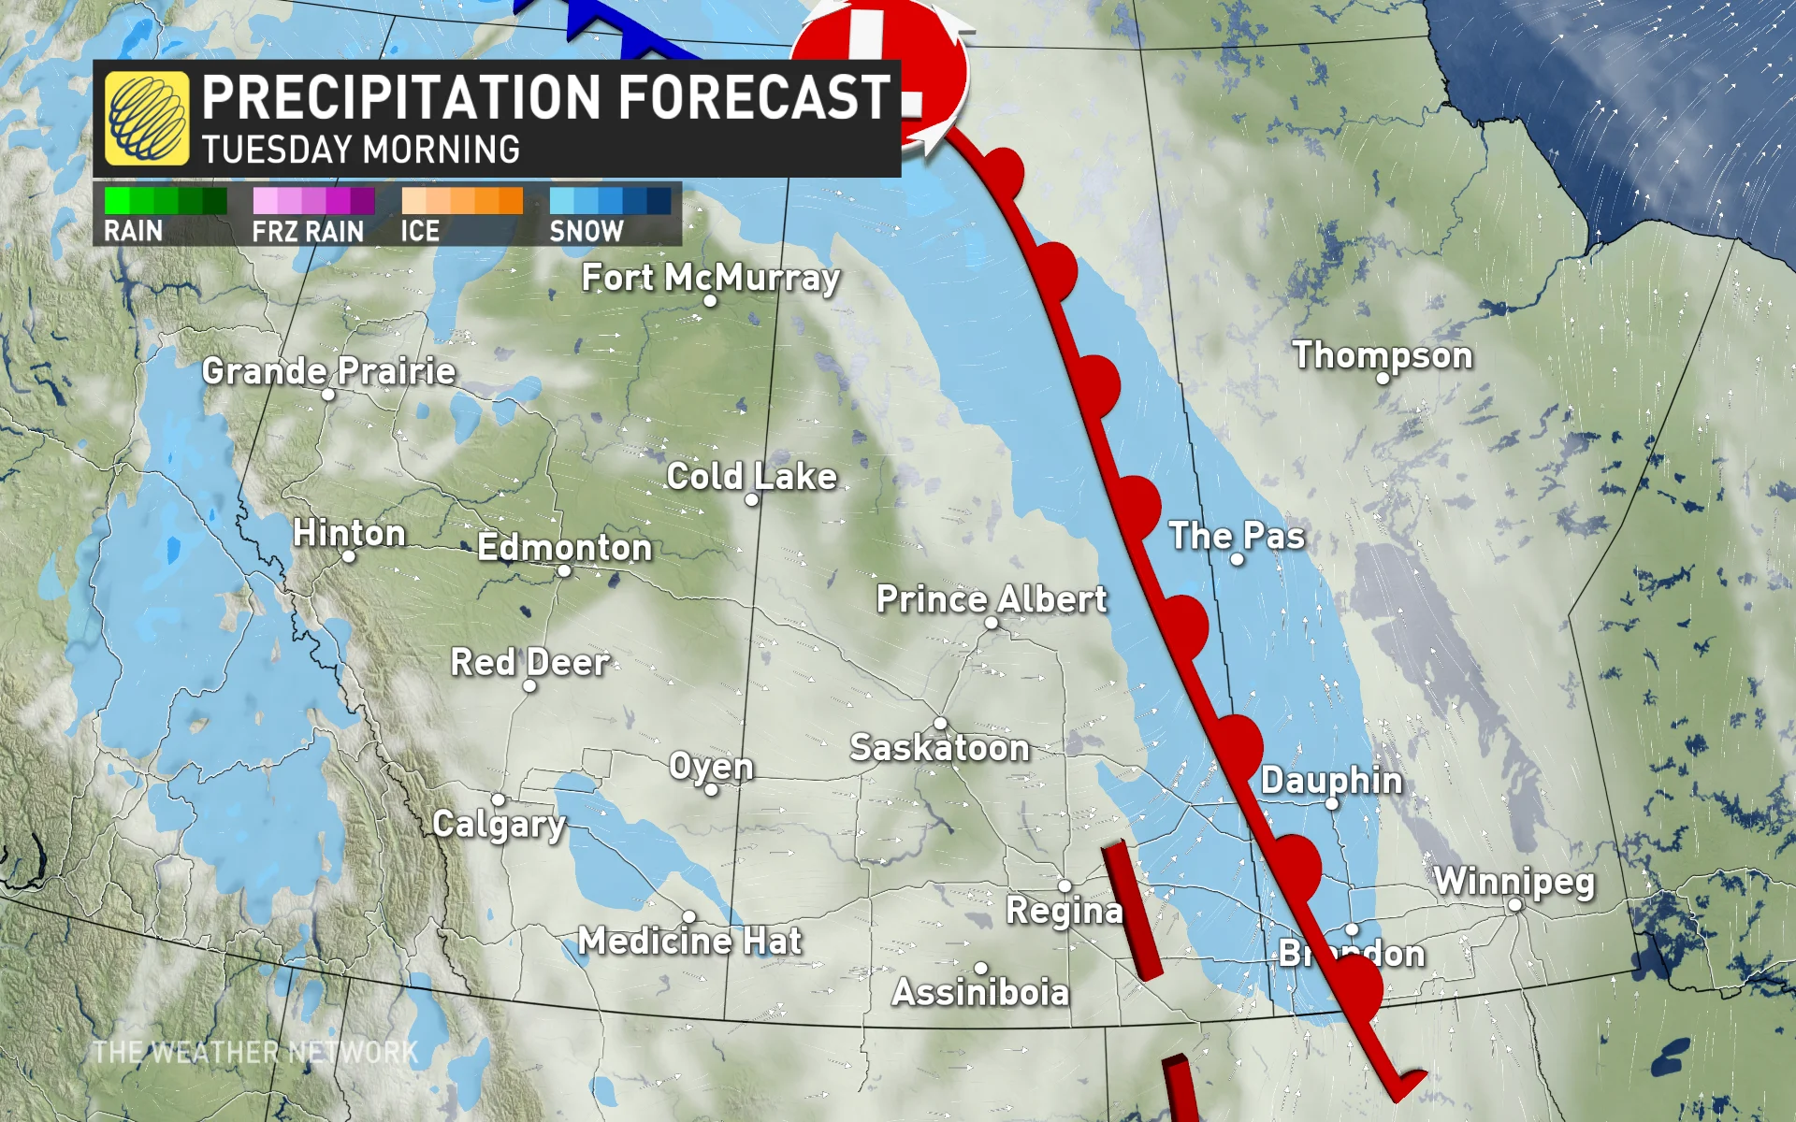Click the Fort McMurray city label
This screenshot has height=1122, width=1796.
[x=710, y=277]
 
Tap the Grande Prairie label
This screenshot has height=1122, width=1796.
[x=328, y=371]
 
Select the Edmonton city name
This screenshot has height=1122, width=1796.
[x=564, y=547]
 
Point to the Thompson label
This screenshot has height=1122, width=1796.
[x=1382, y=355]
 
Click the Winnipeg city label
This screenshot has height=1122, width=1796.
[x=1514, y=881]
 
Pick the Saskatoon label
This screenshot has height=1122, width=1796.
[x=939, y=747]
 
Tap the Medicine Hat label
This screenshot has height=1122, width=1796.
[x=689, y=941]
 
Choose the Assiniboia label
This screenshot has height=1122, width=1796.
[x=979, y=992]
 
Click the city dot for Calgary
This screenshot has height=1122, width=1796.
[x=498, y=799]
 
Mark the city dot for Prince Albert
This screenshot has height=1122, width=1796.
[x=992, y=623]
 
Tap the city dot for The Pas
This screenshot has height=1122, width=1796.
[x=1237, y=559]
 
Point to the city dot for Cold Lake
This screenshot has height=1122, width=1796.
[x=751, y=499]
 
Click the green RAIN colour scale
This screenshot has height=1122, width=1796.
[x=166, y=201]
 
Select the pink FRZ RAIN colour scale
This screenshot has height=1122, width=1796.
[x=313, y=201]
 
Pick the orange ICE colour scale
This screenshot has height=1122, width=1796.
[x=461, y=201]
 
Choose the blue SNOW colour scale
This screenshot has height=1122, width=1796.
[x=610, y=201]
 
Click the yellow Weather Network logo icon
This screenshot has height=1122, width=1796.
[x=147, y=118]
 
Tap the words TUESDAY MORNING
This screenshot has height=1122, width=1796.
[x=360, y=150]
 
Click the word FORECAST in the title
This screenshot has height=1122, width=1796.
[x=753, y=97]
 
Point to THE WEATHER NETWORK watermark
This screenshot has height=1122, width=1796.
[x=254, y=1053]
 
